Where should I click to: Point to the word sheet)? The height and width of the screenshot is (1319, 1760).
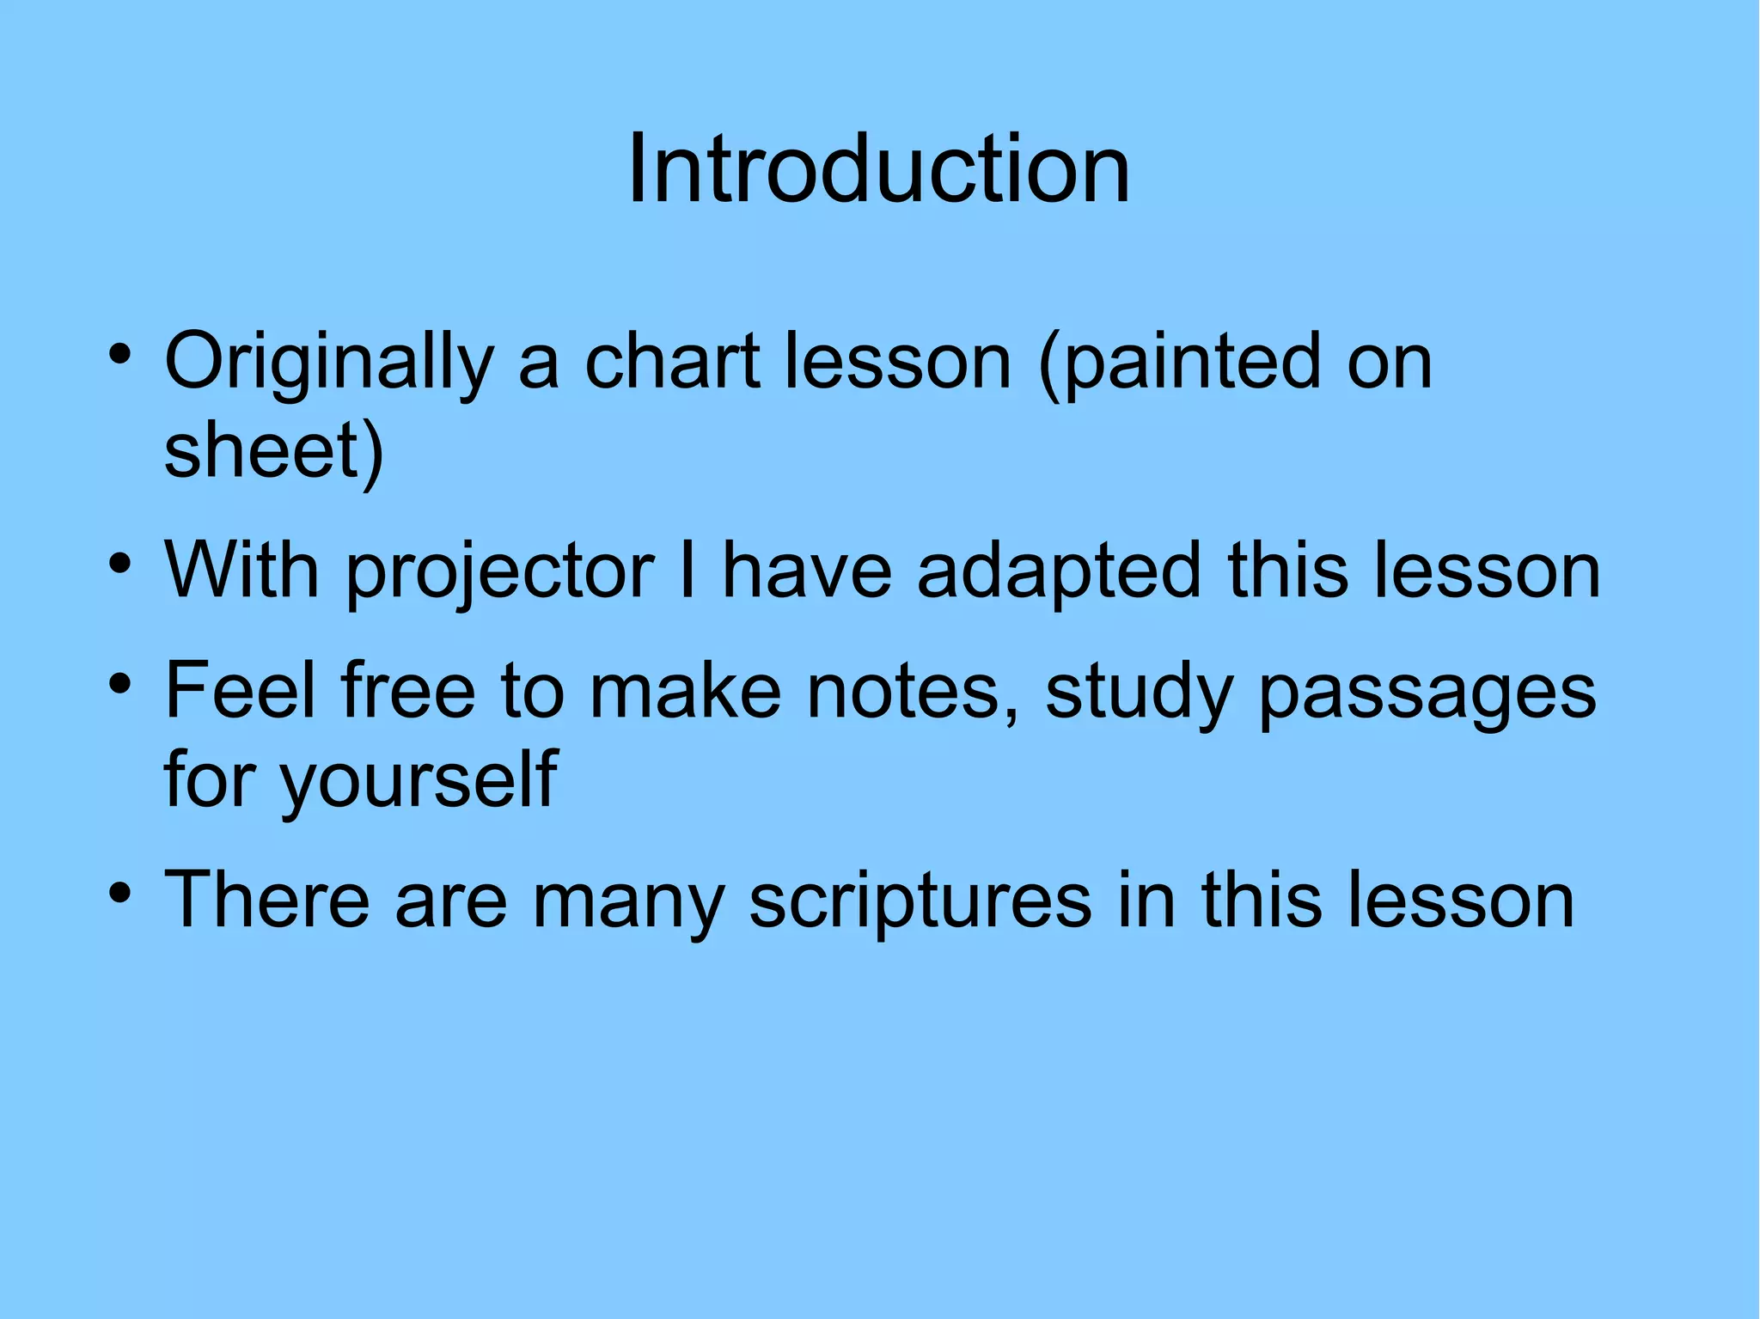pos(273,453)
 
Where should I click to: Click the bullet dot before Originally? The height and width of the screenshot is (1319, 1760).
pos(120,354)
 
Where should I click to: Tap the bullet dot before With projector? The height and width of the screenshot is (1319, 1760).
pos(120,564)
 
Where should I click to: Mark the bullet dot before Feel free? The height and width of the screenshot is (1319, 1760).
pos(120,685)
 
